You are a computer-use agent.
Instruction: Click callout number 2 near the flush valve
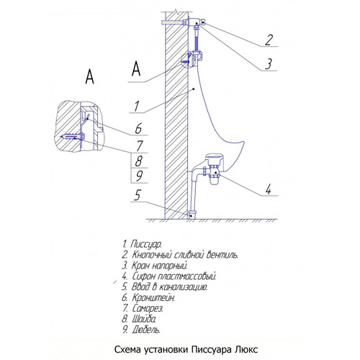(269, 40)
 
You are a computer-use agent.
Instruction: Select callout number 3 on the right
(269, 64)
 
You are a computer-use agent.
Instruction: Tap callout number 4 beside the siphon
(269, 189)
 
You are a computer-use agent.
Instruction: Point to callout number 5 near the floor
(137, 195)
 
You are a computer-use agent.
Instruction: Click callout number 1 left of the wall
(137, 106)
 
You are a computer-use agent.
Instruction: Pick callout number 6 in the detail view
(138, 129)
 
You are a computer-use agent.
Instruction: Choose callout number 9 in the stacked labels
(139, 176)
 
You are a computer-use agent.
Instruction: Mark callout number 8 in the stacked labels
(138, 161)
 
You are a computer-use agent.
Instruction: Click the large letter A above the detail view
(90, 76)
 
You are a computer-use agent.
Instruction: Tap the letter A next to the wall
(136, 68)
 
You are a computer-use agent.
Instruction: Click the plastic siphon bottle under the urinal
(213, 179)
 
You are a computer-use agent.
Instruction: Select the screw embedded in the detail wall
(71, 137)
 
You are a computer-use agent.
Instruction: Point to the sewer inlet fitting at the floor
(192, 214)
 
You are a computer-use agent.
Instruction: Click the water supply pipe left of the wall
(172, 22)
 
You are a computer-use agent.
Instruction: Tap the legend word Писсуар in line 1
(146, 244)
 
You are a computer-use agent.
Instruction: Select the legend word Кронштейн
(153, 297)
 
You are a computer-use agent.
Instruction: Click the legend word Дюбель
(145, 330)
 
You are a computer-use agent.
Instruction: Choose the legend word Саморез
(148, 308)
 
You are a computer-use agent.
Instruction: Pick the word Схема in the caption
(128, 349)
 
